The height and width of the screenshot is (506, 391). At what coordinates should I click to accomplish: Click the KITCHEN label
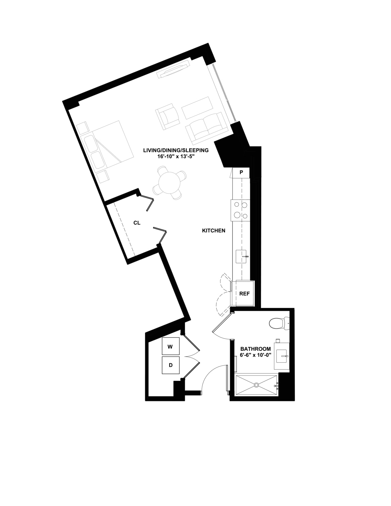point(214,231)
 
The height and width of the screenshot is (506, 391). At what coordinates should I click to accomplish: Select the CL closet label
point(137,223)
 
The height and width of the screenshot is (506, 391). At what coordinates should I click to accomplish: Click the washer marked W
point(171,346)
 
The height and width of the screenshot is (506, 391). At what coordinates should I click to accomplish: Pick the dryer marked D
point(171,365)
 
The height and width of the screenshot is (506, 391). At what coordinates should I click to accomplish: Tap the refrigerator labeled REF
point(245,293)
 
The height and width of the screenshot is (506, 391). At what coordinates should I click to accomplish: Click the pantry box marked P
point(241,173)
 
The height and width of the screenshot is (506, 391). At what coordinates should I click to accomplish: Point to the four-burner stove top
point(240,210)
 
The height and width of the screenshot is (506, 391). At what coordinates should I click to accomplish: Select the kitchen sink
point(241,256)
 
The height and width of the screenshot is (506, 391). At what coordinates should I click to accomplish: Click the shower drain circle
point(256,385)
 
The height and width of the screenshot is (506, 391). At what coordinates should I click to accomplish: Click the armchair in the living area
point(168,116)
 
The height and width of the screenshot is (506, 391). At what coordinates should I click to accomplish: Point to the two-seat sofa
point(207,128)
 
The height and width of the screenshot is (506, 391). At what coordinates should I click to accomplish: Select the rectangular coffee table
point(197,108)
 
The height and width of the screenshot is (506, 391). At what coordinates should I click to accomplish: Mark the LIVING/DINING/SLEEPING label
point(176,150)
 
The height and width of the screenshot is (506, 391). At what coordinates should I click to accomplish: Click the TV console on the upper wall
point(173,70)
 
